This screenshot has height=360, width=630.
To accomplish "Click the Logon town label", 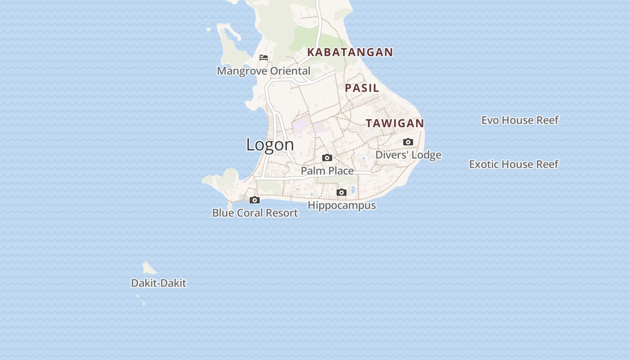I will (x=270, y=144).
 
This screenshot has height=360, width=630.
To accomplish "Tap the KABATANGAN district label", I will (x=350, y=52).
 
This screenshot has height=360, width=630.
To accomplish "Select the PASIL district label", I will (x=362, y=88).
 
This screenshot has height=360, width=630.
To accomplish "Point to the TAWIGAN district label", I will (x=395, y=123).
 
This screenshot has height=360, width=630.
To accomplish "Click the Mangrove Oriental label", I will (x=264, y=71).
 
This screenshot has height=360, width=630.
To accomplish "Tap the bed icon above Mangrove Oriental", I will (x=264, y=58).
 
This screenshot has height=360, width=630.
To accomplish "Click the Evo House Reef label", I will (x=520, y=120).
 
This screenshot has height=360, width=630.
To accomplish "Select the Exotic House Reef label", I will (x=513, y=164).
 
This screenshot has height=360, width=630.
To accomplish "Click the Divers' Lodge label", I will (x=408, y=155).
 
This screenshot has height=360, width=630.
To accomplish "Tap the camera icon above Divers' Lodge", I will (x=408, y=142).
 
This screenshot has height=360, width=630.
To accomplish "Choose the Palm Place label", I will (x=327, y=171).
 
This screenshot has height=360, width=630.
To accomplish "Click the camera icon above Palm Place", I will (x=327, y=157).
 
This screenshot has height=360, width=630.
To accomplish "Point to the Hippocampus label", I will (x=342, y=206).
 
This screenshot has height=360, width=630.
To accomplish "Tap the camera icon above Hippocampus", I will (x=342, y=193).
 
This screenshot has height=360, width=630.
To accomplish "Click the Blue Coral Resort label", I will (x=255, y=213).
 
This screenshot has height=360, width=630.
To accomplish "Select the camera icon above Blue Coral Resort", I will (x=255, y=200).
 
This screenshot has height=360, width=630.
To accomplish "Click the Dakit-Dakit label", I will (x=158, y=283).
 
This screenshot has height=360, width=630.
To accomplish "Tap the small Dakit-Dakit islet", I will (x=149, y=268).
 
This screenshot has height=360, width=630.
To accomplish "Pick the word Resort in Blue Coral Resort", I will (x=282, y=213).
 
